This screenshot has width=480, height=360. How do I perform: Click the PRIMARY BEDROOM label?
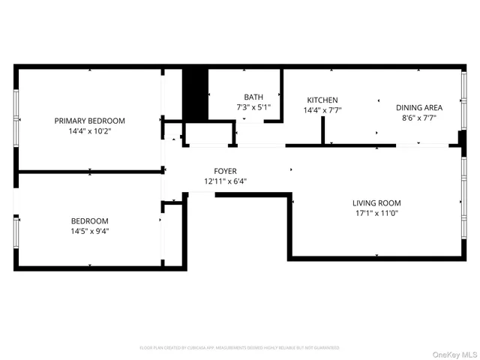tap(89, 121)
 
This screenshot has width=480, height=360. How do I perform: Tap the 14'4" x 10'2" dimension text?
tap(89, 131)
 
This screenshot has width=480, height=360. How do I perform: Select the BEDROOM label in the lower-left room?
tap(89, 220)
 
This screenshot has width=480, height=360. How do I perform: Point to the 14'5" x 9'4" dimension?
tap(89, 231)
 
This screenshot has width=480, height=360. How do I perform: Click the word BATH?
tap(253, 97)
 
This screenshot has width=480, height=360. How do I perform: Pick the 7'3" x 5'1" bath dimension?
tap(253, 107)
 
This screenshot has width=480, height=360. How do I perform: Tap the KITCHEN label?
tap(322, 100)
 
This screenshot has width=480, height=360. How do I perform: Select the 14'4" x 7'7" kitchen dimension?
tap(322, 110)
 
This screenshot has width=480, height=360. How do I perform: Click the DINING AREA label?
tap(419, 107)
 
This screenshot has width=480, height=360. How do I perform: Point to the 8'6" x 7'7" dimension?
tap(419, 118)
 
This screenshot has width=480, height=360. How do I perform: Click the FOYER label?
tap(225, 171)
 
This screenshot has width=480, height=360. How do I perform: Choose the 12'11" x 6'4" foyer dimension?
tap(225, 181)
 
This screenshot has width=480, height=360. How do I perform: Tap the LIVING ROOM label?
tap(376, 202)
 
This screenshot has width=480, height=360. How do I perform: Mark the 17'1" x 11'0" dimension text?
tap(376, 213)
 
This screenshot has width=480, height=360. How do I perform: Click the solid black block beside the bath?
tap(195, 94)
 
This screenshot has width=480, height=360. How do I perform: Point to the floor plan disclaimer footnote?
tap(240, 348)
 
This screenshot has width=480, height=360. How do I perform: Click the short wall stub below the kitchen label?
tap(322, 131)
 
